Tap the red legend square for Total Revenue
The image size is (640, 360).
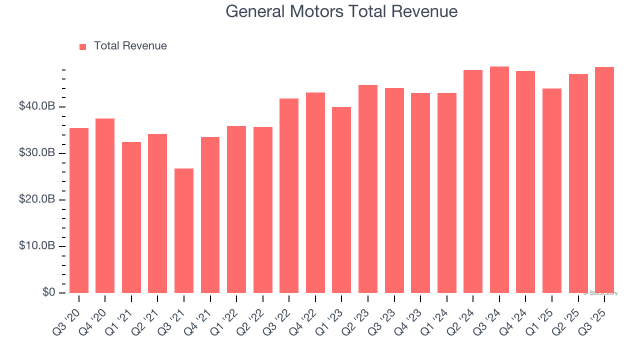(x=83, y=46)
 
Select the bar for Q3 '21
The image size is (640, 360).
(x=184, y=230)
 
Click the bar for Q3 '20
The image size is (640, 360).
(x=79, y=210)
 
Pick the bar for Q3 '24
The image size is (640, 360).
(x=499, y=179)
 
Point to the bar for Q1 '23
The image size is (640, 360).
(x=341, y=200)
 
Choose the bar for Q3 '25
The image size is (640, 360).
(x=604, y=180)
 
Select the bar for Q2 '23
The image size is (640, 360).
(x=368, y=189)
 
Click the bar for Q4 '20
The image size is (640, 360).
(x=105, y=205)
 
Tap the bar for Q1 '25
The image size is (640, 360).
(x=552, y=190)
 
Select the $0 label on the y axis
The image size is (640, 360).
(x=48, y=292)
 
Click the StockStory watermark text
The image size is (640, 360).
(x=600, y=293)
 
